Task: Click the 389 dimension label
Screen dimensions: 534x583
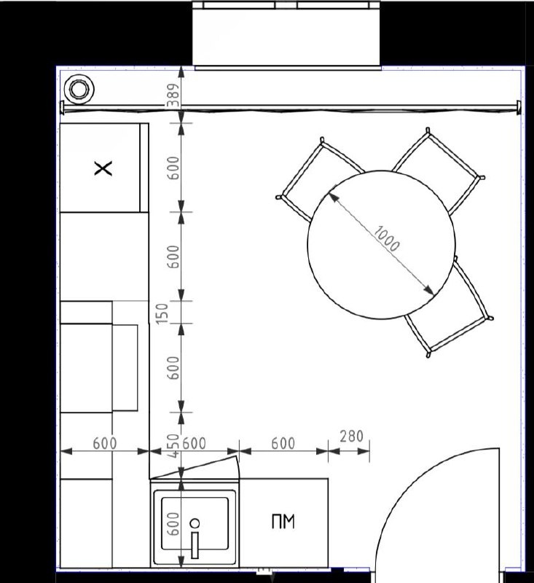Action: pyautogui.click(x=173, y=95)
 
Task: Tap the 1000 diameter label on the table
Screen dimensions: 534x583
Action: pyautogui.click(x=386, y=239)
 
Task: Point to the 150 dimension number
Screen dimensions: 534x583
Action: pyautogui.click(x=162, y=313)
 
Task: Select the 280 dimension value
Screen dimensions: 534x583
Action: pyautogui.click(x=351, y=436)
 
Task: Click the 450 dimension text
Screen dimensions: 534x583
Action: pyautogui.click(x=173, y=446)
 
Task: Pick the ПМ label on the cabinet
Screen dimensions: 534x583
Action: pyautogui.click(x=283, y=521)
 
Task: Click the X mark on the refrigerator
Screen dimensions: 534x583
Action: pyautogui.click(x=103, y=168)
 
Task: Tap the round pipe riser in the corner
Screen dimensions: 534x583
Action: pyautogui.click(x=79, y=89)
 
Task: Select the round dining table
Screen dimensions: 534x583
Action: pyautogui.click(x=381, y=244)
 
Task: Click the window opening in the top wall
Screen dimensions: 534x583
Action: pyautogui.click(x=286, y=34)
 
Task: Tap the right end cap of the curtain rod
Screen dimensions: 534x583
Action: pyautogui.click(x=518, y=108)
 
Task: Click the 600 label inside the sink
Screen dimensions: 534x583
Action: pyautogui.click(x=173, y=524)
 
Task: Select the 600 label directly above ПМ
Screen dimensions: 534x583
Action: pyautogui.click(x=283, y=444)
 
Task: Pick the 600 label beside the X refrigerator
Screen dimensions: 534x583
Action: pyautogui.click(x=173, y=168)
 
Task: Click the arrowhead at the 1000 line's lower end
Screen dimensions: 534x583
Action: pyautogui.click(x=429, y=289)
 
